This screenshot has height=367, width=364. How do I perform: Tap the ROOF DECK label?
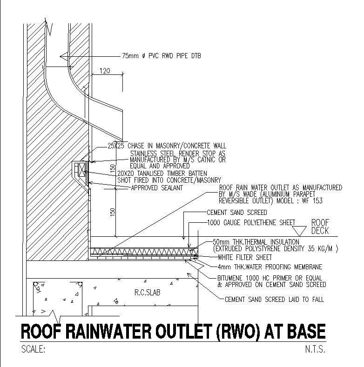click(320, 226)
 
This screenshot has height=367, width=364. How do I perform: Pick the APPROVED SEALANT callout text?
click(156, 188)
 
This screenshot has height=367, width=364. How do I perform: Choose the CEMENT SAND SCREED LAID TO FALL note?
click(274, 300)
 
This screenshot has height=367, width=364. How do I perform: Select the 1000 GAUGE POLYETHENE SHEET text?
click(251, 223)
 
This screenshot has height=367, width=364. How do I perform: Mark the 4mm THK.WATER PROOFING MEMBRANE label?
click(269, 267)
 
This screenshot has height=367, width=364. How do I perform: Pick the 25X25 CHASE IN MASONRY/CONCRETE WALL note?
click(167, 146)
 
